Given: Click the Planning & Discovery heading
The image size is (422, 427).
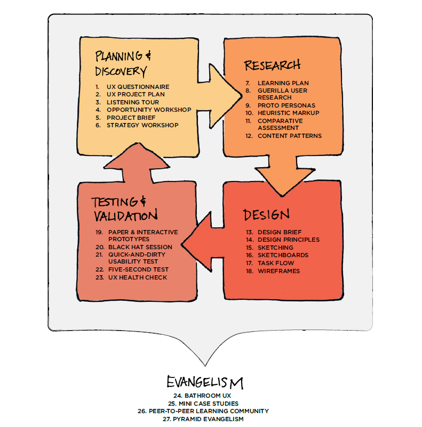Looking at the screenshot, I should [x=121, y=63].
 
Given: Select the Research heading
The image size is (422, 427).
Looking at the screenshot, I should [x=272, y=65].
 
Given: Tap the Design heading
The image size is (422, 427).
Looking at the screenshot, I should [x=266, y=215].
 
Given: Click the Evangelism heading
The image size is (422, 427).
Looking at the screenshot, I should [x=205, y=382].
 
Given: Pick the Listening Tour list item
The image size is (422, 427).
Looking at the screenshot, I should [x=132, y=102].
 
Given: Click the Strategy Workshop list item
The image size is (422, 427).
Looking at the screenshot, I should [x=142, y=125].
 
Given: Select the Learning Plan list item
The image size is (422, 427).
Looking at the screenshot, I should [x=283, y=83].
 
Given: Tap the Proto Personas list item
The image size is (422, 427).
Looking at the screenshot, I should [x=286, y=105].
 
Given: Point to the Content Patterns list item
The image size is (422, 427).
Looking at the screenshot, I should [x=289, y=136].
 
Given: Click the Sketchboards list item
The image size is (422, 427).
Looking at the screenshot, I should [x=283, y=255].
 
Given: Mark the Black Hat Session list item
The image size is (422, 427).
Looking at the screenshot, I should [x=140, y=247].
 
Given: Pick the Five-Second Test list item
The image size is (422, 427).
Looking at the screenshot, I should [x=138, y=269].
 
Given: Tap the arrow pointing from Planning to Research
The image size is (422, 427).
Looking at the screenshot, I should [x=224, y=96].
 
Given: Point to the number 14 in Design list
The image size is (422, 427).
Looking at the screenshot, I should [x=249, y=240].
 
